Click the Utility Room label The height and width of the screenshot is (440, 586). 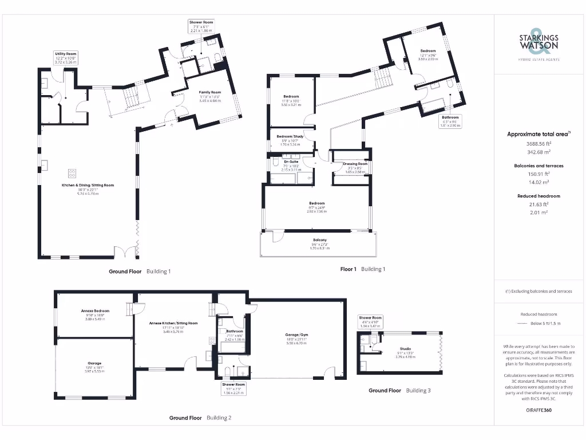coord(66,53)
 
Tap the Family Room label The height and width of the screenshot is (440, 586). coord(209,92)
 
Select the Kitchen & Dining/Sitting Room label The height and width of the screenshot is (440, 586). coord(88,186)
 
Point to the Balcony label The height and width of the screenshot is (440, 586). coord(320,239)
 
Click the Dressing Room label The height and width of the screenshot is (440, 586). coord(355,164)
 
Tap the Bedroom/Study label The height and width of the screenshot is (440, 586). coord(292,136)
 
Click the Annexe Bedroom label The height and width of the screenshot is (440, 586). coord(95,311)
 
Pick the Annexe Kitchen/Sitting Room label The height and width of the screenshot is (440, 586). coord(173,323)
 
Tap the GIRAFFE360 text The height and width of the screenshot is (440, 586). coord(539,410)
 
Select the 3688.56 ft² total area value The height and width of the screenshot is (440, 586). coord(539,144)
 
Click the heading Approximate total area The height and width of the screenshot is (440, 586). coord(537,134)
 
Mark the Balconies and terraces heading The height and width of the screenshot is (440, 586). coord(539,166)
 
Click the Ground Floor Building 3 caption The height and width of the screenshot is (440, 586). coord(399,390)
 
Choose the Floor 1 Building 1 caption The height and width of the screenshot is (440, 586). coord(363,269)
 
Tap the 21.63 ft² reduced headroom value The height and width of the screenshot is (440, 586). coord(539,204)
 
